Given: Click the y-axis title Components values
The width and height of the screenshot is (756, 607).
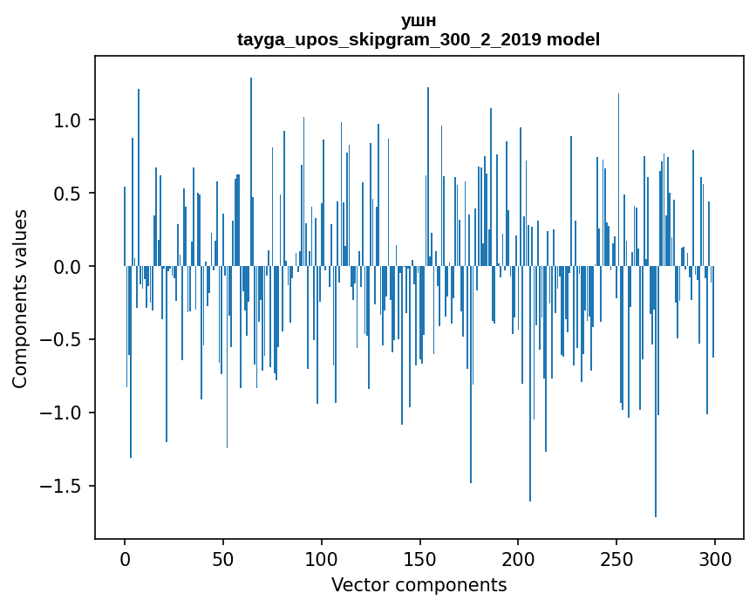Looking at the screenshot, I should point(20,298).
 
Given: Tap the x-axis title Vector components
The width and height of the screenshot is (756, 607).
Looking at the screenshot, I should point(419,584).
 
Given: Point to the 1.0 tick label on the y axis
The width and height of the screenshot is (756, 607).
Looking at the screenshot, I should point(67,120).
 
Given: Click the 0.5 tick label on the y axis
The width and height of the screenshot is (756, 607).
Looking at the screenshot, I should point(67,194).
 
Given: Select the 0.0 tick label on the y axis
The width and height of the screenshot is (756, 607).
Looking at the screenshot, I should point(67,267).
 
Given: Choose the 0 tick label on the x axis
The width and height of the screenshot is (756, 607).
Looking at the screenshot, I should point(125,557).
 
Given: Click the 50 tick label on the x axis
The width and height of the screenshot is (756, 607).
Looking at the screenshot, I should point(223,557).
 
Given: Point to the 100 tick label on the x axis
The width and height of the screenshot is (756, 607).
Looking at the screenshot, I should point(322,557).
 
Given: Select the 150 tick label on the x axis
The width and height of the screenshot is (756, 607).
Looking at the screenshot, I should point(420,557).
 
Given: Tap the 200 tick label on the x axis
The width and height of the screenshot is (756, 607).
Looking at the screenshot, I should point(518,557).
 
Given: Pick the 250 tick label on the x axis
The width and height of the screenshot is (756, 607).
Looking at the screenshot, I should point(616,557).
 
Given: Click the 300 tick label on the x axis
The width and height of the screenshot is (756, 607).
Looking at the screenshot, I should point(715,557).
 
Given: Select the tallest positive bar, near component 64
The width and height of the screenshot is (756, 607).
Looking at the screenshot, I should point(251,174).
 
